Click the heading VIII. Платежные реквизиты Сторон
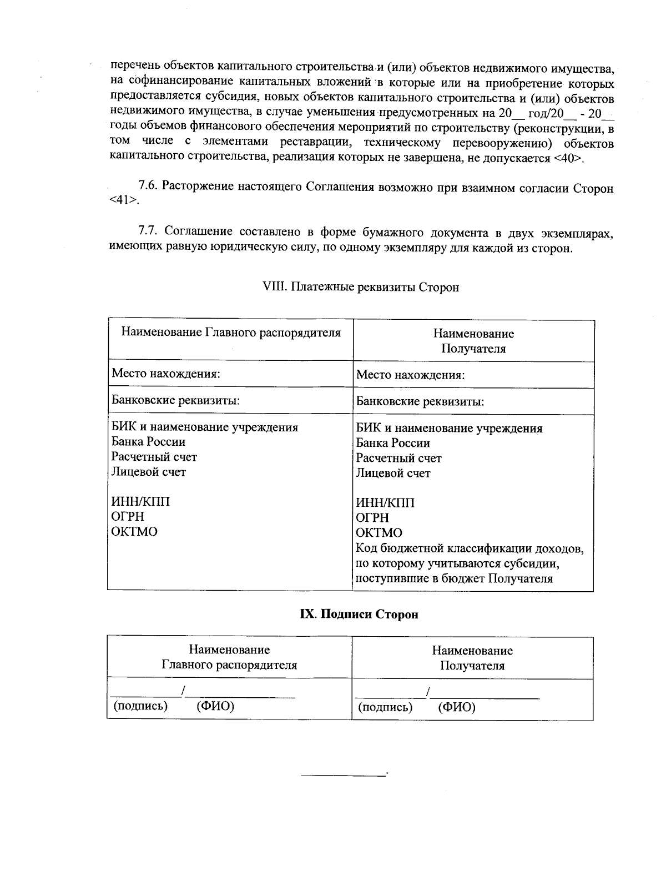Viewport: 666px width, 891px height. (360, 288)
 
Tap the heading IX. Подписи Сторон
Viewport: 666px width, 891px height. (359, 614)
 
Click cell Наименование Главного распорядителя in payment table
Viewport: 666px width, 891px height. (230, 333)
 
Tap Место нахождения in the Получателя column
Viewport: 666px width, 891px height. (410, 375)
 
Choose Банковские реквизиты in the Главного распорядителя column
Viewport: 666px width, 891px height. (176, 400)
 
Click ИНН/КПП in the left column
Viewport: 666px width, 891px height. (140, 502)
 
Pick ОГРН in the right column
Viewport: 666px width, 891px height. (372, 518)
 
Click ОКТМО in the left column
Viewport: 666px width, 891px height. (134, 532)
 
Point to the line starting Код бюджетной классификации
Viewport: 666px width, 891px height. (470, 548)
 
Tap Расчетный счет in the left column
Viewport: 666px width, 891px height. (154, 457)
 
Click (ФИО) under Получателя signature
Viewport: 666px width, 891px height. (456, 707)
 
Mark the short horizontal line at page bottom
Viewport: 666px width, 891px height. (342, 774)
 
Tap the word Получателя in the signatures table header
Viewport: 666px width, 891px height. (472, 666)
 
